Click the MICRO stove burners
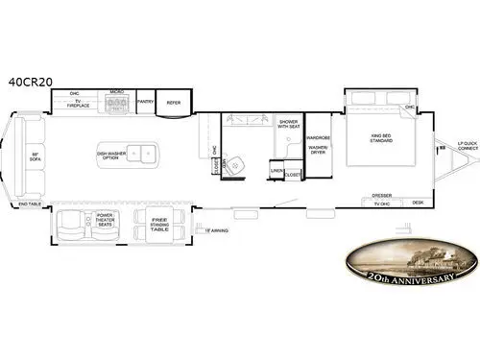click(116, 104)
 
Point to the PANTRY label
click(146, 101)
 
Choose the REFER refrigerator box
click(174, 102)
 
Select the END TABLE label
click(29, 204)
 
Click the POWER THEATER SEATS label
click(106, 222)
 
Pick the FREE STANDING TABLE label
click(158, 226)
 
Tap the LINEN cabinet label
click(277, 170)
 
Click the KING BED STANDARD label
click(382, 138)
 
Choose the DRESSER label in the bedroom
click(381, 195)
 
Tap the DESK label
click(418, 203)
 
